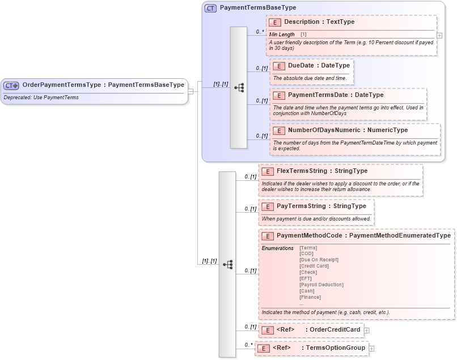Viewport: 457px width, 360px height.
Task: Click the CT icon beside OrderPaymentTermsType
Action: [11, 85]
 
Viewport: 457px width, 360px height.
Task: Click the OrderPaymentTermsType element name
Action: [61, 85]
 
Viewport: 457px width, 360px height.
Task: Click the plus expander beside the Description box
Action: [439, 35]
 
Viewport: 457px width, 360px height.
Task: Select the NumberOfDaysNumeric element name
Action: [316, 130]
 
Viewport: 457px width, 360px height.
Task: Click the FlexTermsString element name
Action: [302, 171]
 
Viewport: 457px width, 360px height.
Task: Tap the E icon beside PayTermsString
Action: [267, 206]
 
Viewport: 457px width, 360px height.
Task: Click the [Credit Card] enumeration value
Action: [314, 266]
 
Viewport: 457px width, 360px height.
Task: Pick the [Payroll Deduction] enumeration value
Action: [321, 285]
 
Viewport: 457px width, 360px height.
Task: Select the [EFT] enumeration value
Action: [306, 278]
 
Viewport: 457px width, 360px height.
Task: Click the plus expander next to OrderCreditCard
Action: [366, 330]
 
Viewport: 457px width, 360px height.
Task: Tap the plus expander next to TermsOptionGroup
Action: [371, 348]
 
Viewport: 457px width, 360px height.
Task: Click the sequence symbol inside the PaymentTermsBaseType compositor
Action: [239, 87]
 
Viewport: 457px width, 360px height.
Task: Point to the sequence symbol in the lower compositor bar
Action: [227, 264]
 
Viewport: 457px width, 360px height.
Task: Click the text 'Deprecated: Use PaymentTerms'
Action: [41, 98]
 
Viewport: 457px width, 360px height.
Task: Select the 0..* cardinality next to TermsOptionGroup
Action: [248, 345]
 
